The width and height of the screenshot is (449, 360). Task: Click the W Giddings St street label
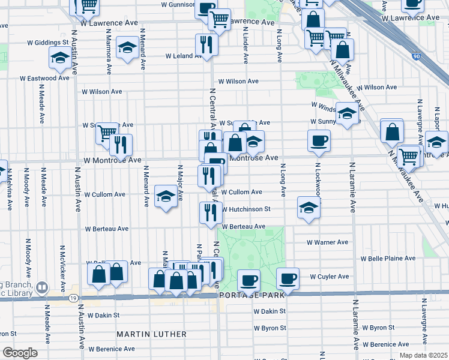[x=48, y=43]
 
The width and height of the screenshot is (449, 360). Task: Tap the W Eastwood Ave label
[x=45, y=78]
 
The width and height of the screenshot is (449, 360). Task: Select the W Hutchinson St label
[x=246, y=209]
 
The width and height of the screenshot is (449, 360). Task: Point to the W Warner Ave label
[x=327, y=243]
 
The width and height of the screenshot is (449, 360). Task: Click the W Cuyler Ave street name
[x=329, y=277]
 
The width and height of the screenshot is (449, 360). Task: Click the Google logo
[x=20, y=353]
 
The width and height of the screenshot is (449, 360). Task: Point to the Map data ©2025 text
[x=423, y=355]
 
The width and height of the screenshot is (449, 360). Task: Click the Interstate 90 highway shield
[x=417, y=56]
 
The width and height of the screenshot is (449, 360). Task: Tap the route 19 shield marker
[x=72, y=298]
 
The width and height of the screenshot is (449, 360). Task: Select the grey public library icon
[x=41, y=288]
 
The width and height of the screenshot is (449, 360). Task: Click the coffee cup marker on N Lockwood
[x=319, y=141]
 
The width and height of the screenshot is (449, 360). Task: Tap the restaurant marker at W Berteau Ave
[x=210, y=212]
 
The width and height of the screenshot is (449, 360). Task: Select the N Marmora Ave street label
[x=108, y=54]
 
